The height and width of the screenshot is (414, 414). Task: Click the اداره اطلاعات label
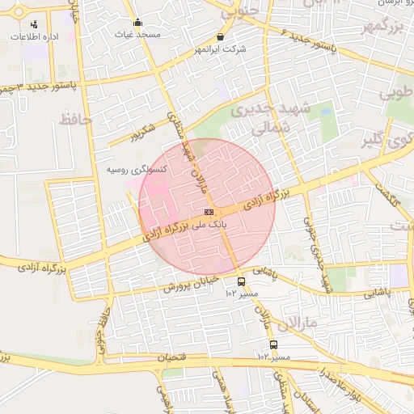coord(32,36)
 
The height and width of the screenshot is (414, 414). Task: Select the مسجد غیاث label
coord(137,35)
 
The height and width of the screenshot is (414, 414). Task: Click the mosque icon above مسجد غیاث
coord(137,23)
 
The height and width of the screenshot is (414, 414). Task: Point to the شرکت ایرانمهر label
coord(220,50)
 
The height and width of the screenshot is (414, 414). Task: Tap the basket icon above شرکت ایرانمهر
coord(221,37)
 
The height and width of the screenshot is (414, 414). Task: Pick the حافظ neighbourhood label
coord(76,120)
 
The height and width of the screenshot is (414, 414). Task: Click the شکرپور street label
coord(146,133)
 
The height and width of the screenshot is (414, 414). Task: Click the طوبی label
coord(395,91)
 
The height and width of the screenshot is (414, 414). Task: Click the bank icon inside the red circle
coord(209,212)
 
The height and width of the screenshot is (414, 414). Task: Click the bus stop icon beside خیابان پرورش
coord(241,282)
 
